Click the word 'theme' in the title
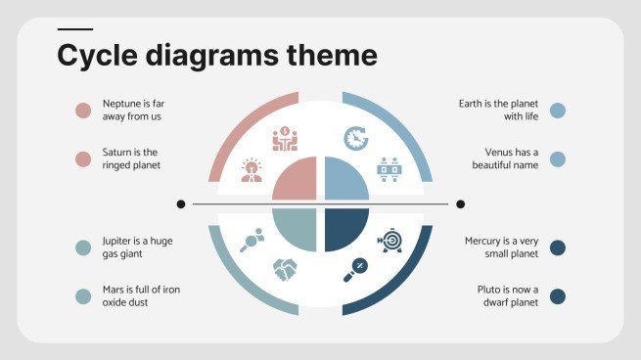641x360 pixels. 328,55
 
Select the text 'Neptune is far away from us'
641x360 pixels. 132,110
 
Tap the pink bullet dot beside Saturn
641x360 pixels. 83,158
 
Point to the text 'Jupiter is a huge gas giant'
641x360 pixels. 137,247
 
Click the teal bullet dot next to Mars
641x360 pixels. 83,295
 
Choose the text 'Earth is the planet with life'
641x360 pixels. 499,110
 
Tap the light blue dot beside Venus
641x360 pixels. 558,158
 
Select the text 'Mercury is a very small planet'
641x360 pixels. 502,247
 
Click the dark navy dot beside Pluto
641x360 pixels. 558,296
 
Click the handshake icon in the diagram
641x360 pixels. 285,266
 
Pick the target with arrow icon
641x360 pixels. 389,240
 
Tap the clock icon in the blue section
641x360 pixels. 356,138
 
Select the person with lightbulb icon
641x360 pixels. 252,170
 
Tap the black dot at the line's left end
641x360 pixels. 181,203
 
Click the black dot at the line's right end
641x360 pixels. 460,203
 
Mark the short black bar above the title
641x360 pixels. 75,30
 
